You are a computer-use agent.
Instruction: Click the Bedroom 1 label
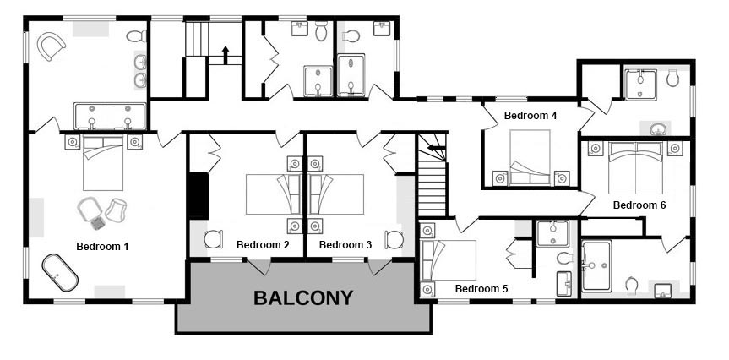pyautogui.click(x=102, y=247)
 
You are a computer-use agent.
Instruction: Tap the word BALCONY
pyautogui.click(x=303, y=297)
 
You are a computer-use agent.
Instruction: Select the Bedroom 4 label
pyautogui.click(x=530, y=116)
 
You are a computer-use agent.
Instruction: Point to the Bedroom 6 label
pyautogui.click(x=639, y=205)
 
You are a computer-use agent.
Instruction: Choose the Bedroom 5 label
pyautogui.click(x=481, y=289)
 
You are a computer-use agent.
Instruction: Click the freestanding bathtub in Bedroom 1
pyautogui.click(x=60, y=273)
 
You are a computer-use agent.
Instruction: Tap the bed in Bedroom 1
pyautogui.click(x=103, y=163)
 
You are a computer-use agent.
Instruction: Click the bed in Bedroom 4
pyautogui.click(x=530, y=157)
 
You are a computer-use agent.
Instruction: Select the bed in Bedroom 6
pyautogui.click(x=635, y=167)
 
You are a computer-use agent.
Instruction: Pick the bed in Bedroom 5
pyautogui.click(x=449, y=260)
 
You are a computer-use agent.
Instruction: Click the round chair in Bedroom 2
pyautogui.click(x=214, y=239)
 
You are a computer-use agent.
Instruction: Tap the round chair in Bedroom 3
pyautogui.click(x=394, y=239)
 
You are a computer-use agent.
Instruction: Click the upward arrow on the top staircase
pyautogui.click(x=226, y=55)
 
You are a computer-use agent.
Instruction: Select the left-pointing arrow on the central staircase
pyautogui.click(x=437, y=148)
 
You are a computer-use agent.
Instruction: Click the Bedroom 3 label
pyautogui.click(x=345, y=245)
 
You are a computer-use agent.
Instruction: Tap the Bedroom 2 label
pyautogui.click(x=263, y=245)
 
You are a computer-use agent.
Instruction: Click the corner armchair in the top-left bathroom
pyautogui.click(x=51, y=46)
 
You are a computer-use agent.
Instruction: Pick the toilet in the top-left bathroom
pyautogui.click(x=137, y=35)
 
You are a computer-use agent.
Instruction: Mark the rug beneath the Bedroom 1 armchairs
pyautogui.click(x=98, y=223)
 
